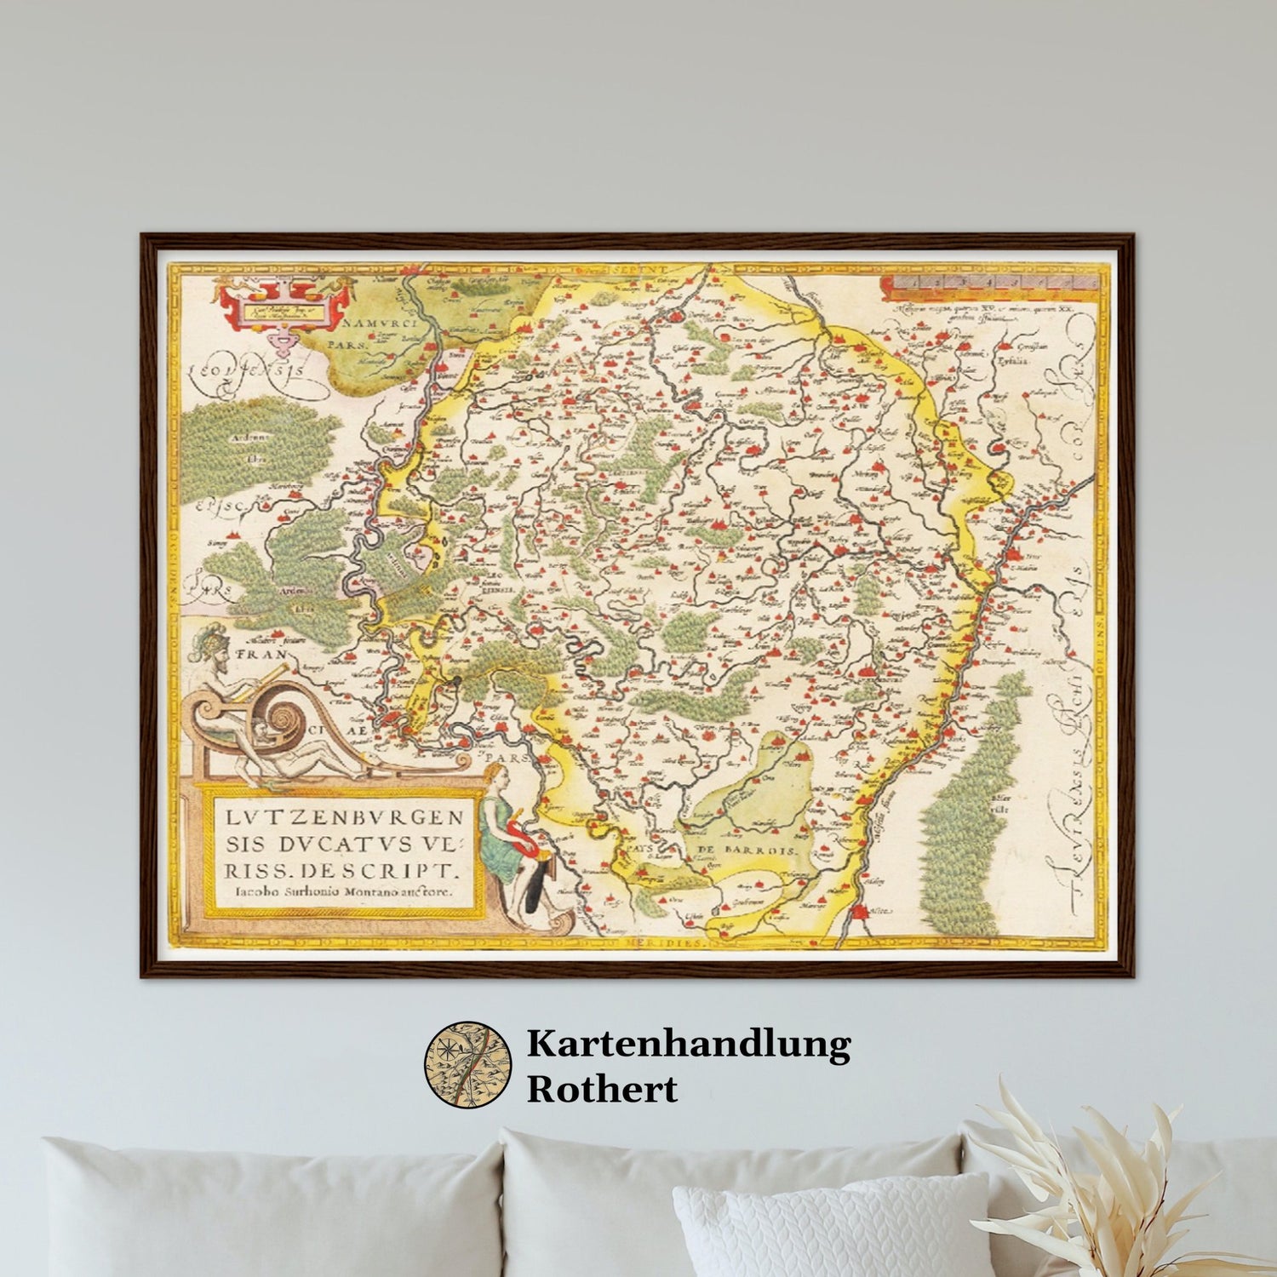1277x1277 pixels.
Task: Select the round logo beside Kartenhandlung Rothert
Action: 467,1065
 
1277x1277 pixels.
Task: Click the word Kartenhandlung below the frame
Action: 688,1044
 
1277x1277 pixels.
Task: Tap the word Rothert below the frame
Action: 602,1089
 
